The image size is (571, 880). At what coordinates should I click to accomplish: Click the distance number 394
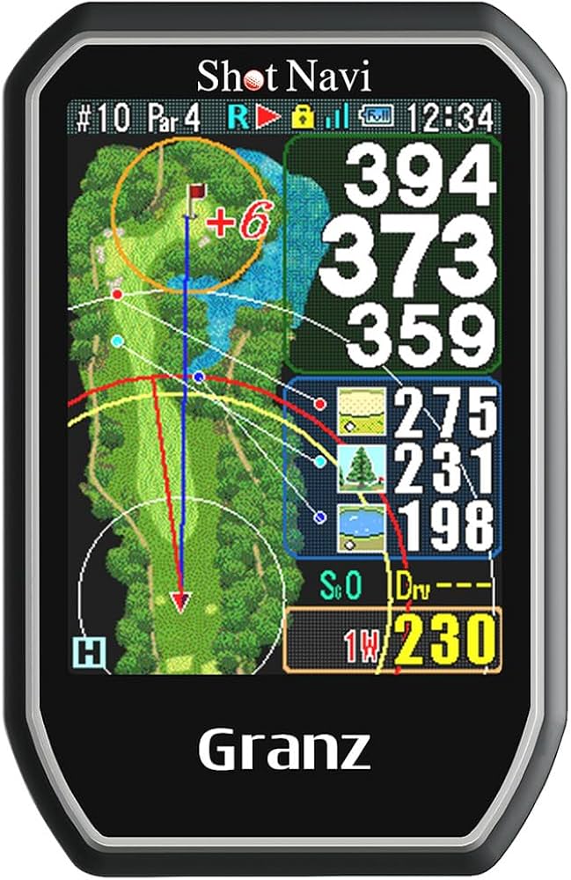pos(420,175)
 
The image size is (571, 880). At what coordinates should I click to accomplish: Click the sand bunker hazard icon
pos(362,410)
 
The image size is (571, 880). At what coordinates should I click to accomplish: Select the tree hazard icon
pos(362,467)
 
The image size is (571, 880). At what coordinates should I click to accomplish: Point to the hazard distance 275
pos(445,413)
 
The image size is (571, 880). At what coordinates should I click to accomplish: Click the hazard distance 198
pos(445,525)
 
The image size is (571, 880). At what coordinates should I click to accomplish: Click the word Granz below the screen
pos(284,750)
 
